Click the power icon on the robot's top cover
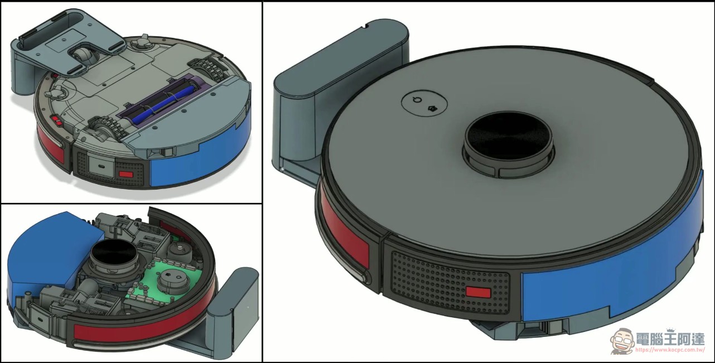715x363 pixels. coord(418,100)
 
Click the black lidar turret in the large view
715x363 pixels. coord(508,144)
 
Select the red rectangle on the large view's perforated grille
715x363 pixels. coord(478,292)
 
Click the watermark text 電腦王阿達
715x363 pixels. coord(670,339)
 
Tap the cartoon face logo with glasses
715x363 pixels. coord(622,341)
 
